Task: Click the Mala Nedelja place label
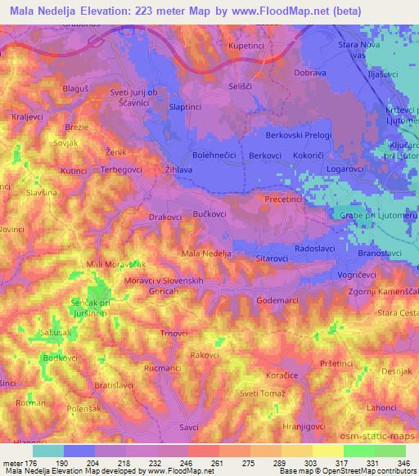tap(206, 254)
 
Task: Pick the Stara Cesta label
tap(396, 312)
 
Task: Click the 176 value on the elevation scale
tap(37, 464)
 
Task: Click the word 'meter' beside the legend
tap(14, 464)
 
